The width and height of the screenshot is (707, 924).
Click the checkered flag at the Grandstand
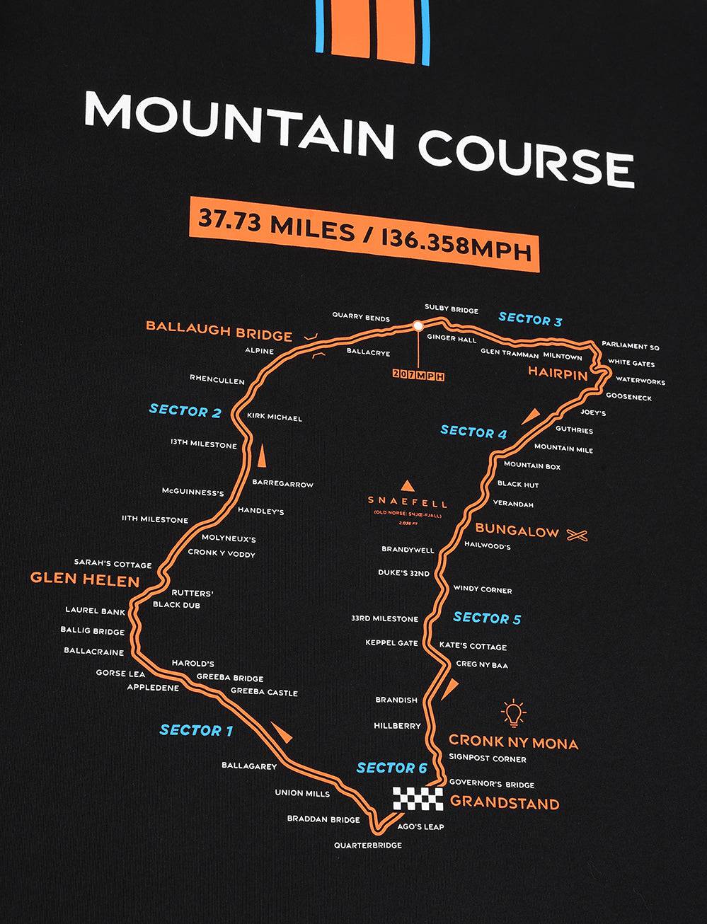point(418,799)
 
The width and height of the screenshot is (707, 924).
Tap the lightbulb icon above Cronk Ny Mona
point(512,713)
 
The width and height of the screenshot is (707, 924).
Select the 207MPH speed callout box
point(418,376)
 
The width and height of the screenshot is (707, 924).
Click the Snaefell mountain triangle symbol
point(407,486)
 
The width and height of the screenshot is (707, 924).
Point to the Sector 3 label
point(530,319)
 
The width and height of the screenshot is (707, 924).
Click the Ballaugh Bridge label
point(219,331)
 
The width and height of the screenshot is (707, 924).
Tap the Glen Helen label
point(85,581)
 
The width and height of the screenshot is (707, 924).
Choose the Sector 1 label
point(196,730)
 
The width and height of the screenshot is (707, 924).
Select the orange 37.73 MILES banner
point(364,234)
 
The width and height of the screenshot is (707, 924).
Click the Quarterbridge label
point(368,845)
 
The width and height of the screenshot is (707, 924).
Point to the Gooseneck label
point(628,398)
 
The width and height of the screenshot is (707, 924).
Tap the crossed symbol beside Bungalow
point(577,535)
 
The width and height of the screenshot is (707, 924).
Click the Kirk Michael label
point(275,417)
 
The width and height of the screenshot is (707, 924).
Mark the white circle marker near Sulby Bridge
point(418,326)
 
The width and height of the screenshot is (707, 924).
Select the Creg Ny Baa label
point(482,665)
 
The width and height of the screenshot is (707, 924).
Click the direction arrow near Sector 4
point(530,416)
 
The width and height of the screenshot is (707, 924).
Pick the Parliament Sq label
point(630,346)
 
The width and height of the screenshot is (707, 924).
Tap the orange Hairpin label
point(558,374)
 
